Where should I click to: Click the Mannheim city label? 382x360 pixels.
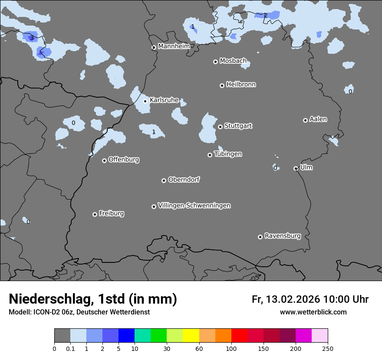click(174, 46)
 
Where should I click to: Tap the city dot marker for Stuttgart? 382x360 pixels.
click(220, 127)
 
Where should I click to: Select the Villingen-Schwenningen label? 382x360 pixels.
click(194, 206)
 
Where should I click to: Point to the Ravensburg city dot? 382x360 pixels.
click(260, 237)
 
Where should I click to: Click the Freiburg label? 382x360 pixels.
click(111, 213)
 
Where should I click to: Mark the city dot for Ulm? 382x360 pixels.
click(296, 168)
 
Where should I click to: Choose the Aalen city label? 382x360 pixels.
click(318, 119)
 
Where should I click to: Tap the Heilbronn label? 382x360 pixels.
click(241, 85)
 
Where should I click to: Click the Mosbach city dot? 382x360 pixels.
click(215, 62)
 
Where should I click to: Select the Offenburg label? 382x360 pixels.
click(124, 160)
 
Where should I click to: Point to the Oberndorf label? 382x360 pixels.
click(184, 180)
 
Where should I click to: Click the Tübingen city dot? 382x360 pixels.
click(210, 155)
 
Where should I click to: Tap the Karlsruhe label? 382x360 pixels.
click(164, 100)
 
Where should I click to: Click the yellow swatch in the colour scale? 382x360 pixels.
click(191, 336)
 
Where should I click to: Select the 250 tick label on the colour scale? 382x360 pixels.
click(328, 348)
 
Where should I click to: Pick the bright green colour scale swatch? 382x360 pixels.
click(159, 336)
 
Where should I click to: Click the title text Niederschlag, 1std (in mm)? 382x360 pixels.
click(93, 299)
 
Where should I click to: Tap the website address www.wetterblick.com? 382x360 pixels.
click(313, 312)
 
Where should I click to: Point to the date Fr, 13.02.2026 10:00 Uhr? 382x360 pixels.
click(310, 299)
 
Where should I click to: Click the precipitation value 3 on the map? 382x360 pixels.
click(31, 38)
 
